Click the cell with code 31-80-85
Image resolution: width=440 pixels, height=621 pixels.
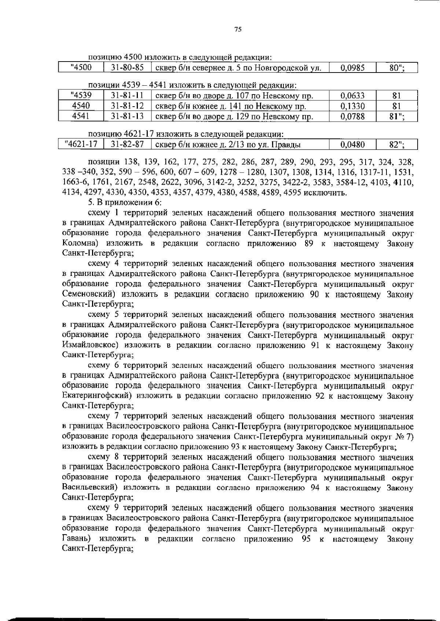click(127, 67)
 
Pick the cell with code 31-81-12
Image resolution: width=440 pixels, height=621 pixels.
click(127, 106)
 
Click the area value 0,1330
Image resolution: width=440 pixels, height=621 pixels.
click(352, 106)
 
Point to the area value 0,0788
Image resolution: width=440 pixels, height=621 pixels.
click(352, 117)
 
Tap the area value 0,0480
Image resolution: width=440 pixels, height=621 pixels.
click(352, 144)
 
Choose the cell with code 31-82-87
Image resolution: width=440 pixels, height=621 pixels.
click(127, 144)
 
